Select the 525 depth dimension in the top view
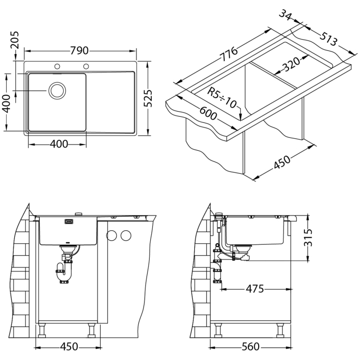tap(148, 97)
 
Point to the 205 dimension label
tap(14, 42)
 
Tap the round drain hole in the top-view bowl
tap(57, 91)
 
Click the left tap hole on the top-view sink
tap(58, 66)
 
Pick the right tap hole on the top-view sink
tap(86, 66)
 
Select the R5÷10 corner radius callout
tap(222, 97)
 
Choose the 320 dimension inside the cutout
tap(291, 65)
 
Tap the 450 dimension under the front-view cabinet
tap(68, 346)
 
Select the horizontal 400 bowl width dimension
tap(57, 144)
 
